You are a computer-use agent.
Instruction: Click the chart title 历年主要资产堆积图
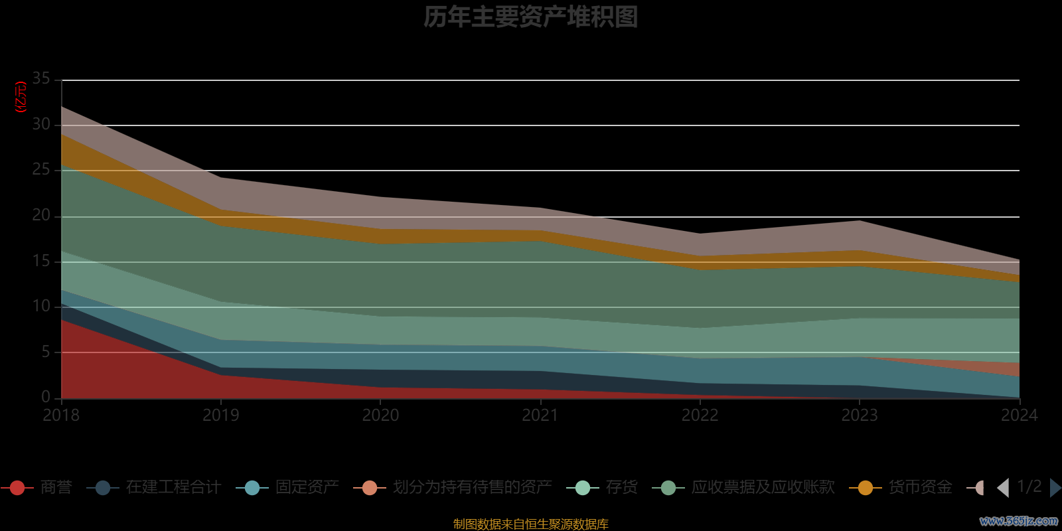[530, 17]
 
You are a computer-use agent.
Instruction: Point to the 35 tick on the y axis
[41, 79]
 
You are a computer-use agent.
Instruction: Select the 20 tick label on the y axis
[41, 216]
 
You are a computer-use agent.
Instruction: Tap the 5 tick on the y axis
[46, 352]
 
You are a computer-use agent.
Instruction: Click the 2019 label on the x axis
[220, 416]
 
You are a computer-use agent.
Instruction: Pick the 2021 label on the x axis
[540, 416]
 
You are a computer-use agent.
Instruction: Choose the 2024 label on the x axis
[1019, 416]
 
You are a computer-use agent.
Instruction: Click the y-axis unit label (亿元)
[21, 97]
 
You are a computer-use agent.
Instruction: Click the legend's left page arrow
[1003, 488]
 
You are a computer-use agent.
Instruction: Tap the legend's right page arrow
[1055, 488]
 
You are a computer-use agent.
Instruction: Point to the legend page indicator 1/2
[1029, 487]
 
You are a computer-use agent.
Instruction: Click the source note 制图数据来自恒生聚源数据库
[530, 524]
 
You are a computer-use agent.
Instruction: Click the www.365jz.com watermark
[1018, 521]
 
